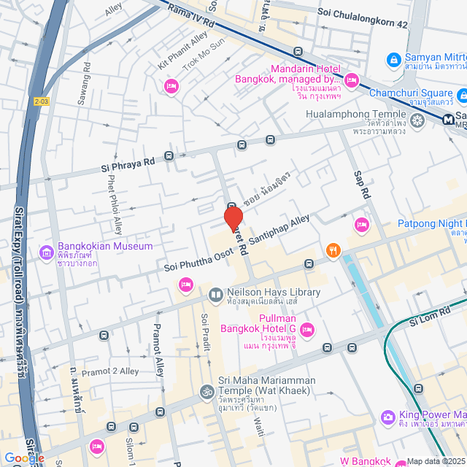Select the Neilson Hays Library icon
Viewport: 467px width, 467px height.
(x=216, y=296)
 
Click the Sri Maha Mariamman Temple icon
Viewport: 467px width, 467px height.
(x=206, y=393)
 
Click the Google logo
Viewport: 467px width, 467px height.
(x=24, y=458)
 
